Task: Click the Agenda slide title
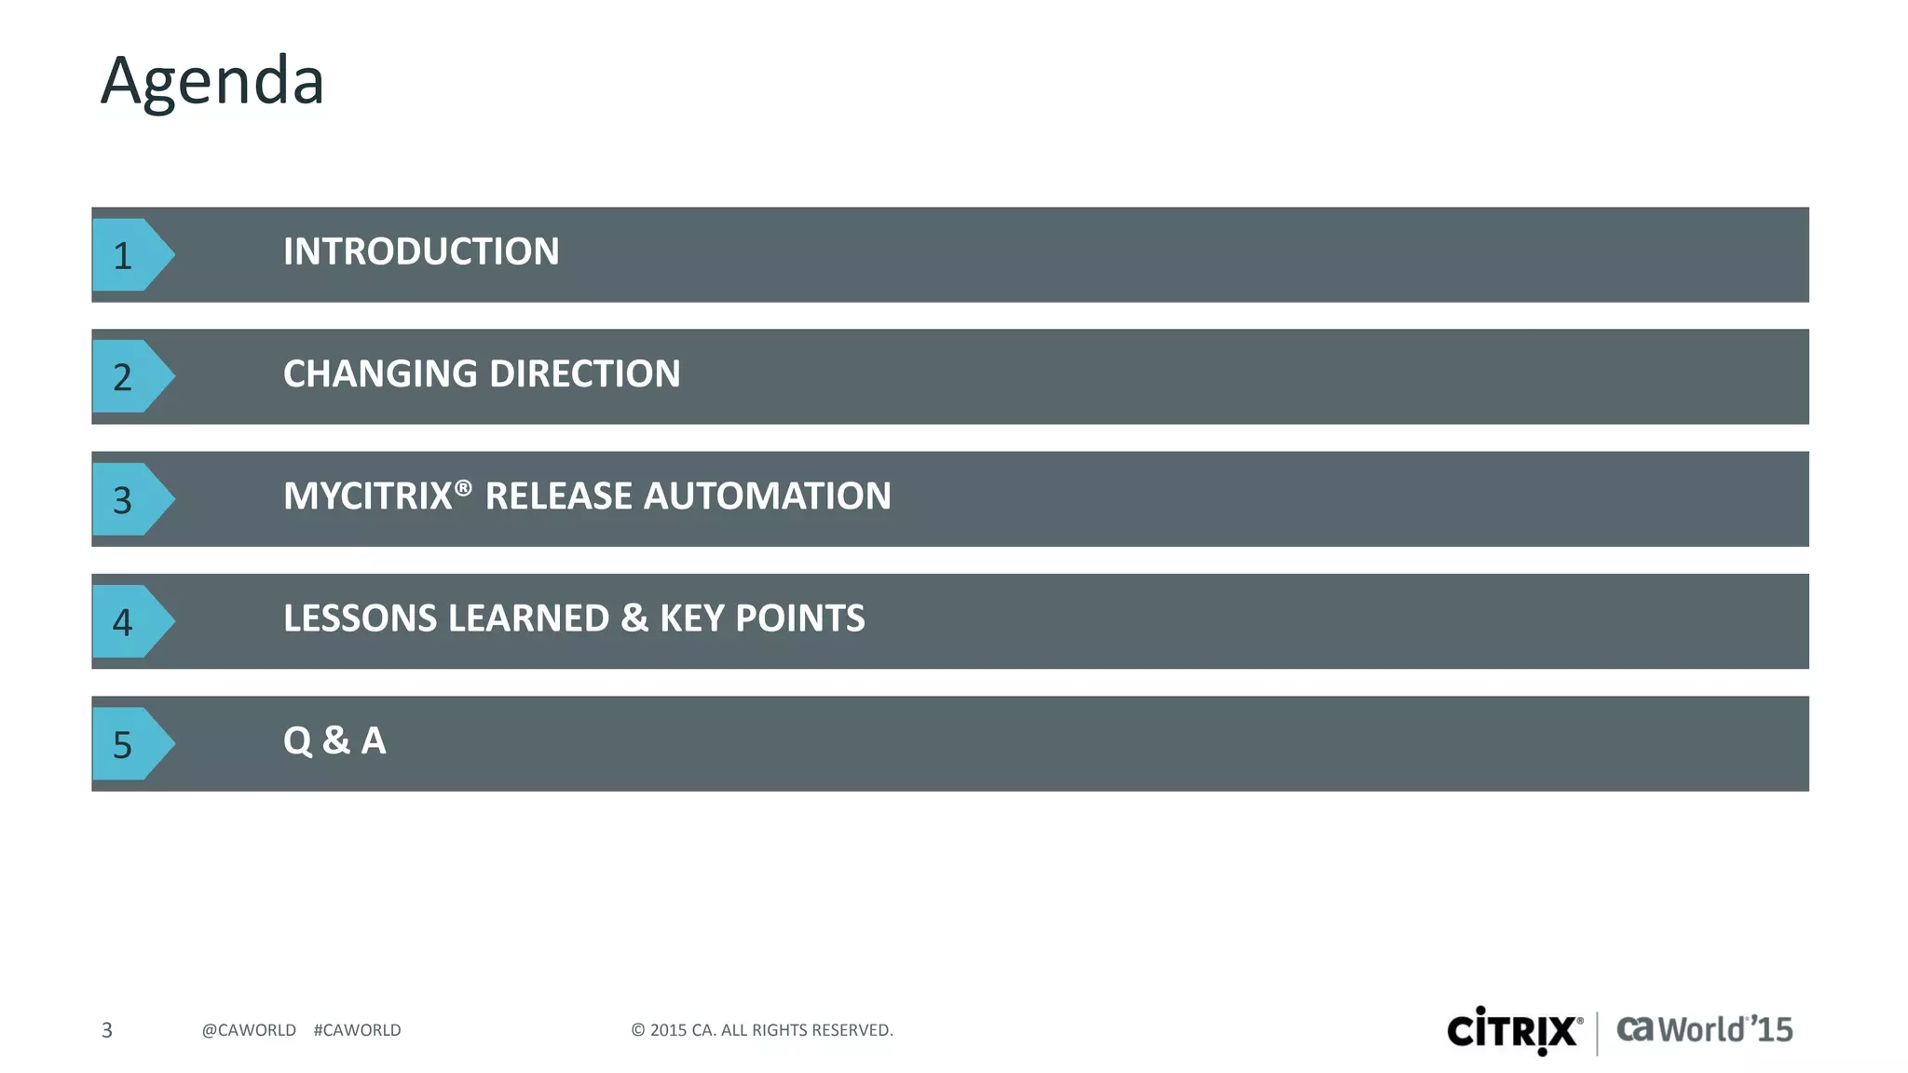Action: pyautogui.click(x=212, y=82)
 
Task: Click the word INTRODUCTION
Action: pyautogui.click(x=421, y=251)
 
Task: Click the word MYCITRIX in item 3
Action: pyautogui.click(x=368, y=496)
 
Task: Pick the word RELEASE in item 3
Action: pyautogui.click(x=559, y=496)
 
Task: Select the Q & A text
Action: pyautogui.click(x=334, y=741)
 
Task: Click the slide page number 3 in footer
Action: pyautogui.click(x=107, y=1030)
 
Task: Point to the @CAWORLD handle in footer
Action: pyautogui.click(x=249, y=1030)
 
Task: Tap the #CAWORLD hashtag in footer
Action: pyautogui.click(x=357, y=1030)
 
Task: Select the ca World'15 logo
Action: pyautogui.click(x=1704, y=1030)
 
